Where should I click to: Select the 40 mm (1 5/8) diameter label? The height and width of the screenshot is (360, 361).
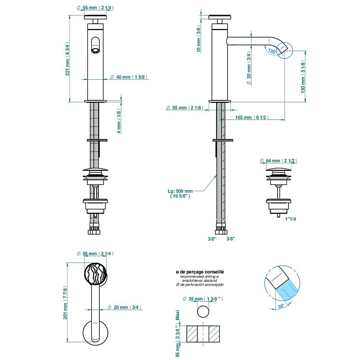(127, 77)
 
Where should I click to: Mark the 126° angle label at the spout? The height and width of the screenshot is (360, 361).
(272, 52)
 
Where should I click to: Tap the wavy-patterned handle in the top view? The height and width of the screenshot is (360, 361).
(98, 275)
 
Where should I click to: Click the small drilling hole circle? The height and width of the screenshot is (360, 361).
(204, 311)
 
